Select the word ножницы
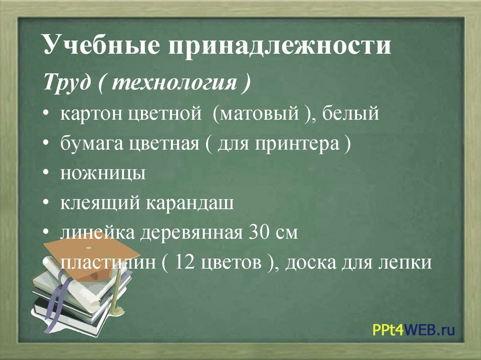(103, 173)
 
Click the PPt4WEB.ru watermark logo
(413, 330)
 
